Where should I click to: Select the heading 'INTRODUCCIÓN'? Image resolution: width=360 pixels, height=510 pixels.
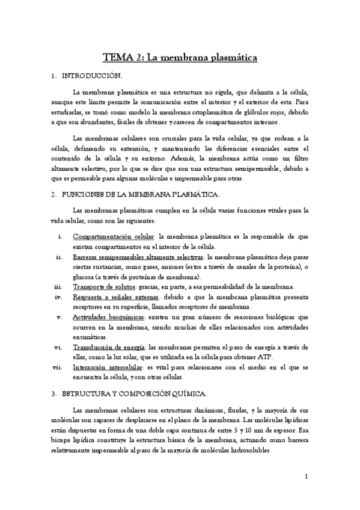tap(97, 76)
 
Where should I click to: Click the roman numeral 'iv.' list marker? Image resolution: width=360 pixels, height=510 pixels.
tap(59, 296)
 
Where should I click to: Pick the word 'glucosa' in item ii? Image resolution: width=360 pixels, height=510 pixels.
tap(84, 276)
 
